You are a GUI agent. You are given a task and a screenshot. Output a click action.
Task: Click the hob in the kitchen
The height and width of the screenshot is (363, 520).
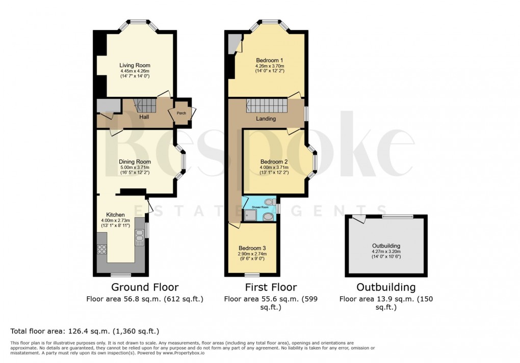coord(101,249)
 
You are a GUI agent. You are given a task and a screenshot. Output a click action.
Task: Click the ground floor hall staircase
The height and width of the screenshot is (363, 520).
coord(145,106)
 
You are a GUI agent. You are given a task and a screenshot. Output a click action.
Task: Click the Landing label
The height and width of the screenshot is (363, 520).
coord(266,119)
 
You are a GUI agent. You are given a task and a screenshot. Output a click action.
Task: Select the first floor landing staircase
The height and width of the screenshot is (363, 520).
coord(267,106)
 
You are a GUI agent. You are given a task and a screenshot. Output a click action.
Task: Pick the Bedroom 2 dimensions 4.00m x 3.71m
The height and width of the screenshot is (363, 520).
coord(274,167)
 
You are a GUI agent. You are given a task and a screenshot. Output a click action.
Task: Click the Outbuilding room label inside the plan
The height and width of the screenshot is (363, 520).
coord(386,245)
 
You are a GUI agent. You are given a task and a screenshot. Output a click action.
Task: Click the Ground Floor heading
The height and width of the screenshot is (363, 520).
coord(145,287)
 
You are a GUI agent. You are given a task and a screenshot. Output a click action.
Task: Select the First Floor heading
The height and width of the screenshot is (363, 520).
coord(270,287)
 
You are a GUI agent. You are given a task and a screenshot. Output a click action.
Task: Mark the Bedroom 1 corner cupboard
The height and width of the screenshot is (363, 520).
coord(234,43)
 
